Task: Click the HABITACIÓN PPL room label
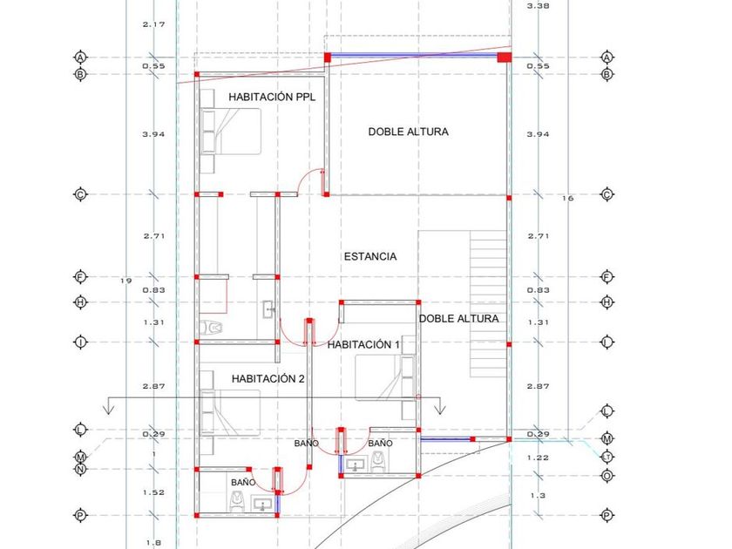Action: point(271,98)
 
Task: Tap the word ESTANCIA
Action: point(370,256)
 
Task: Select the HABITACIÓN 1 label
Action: point(363,345)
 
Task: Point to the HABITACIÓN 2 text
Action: point(268,379)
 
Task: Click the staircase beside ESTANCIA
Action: point(487,296)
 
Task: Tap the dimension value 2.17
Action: point(153,24)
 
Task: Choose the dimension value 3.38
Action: point(538,6)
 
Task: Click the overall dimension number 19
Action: point(125,280)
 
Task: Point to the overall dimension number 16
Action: point(568,199)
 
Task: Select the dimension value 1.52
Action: point(153,492)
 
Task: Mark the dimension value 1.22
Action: point(539,457)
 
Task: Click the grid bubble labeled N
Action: point(80,469)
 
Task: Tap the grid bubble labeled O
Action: point(607,476)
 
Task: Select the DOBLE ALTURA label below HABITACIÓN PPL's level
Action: point(458,319)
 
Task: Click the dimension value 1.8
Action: point(153,542)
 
